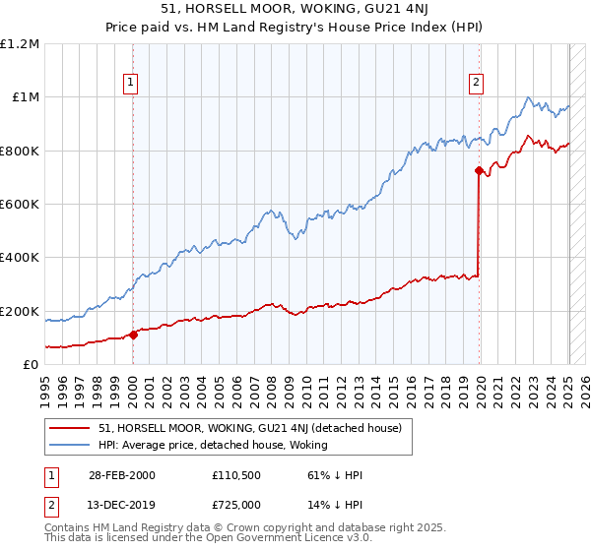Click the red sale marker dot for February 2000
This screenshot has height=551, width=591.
[x=133, y=335]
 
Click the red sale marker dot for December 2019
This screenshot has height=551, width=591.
[x=479, y=171]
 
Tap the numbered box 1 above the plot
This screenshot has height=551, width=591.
[x=132, y=84]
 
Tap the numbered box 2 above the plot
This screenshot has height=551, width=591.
[x=477, y=84]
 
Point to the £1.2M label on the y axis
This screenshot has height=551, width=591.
[x=21, y=44]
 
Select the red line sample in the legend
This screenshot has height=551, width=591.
[x=69, y=429]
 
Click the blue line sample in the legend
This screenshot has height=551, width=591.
[x=69, y=445]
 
